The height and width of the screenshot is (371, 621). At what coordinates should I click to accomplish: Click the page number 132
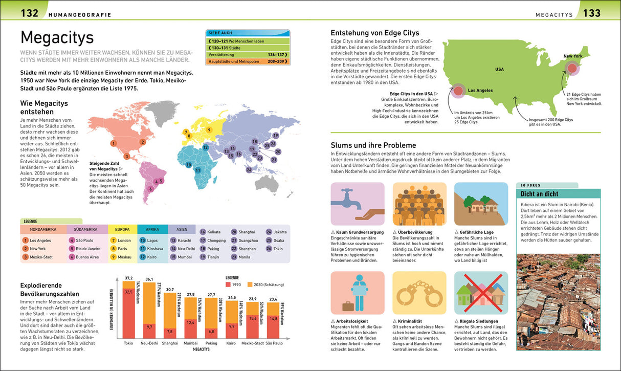click(x=30, y=13)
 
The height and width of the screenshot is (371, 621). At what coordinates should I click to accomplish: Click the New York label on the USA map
click(x=573, y=56)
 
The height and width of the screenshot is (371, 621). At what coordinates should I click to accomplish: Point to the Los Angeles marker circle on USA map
click(x=459, y=91)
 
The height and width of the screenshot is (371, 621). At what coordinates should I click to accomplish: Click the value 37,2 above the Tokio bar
click(x=128, y=278)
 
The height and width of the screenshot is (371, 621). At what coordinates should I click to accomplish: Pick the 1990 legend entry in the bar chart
click(x=234, y=285)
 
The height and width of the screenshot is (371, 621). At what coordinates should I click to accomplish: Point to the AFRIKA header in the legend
click(x=152, y=230)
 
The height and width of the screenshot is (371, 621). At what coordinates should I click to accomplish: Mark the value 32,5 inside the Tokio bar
click(x=128, y=291)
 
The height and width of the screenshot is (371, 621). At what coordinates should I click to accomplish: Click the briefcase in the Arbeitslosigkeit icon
click(x=348, y=306)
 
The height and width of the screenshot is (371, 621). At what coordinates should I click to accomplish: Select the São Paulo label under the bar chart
click(x=274, y=343)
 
